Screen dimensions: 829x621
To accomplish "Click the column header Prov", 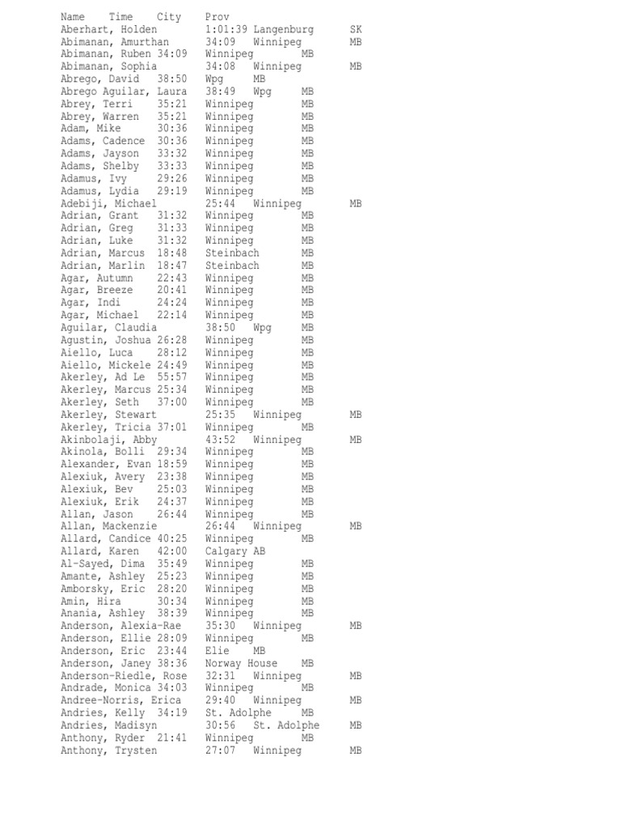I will click(217, 17).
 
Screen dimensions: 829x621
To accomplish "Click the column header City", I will click(169, 17).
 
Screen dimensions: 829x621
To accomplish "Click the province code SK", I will click(356, 29).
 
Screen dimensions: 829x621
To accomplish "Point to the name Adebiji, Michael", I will click(108, 203).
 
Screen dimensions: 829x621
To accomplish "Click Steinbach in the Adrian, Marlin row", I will click(232, 266).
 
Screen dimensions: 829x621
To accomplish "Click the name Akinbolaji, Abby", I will click(108, 440).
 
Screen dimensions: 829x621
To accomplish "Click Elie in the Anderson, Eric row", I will click(217, 651).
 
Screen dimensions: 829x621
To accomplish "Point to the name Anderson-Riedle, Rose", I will click(123, 676).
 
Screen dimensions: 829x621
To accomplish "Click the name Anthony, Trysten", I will click(108, 750).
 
